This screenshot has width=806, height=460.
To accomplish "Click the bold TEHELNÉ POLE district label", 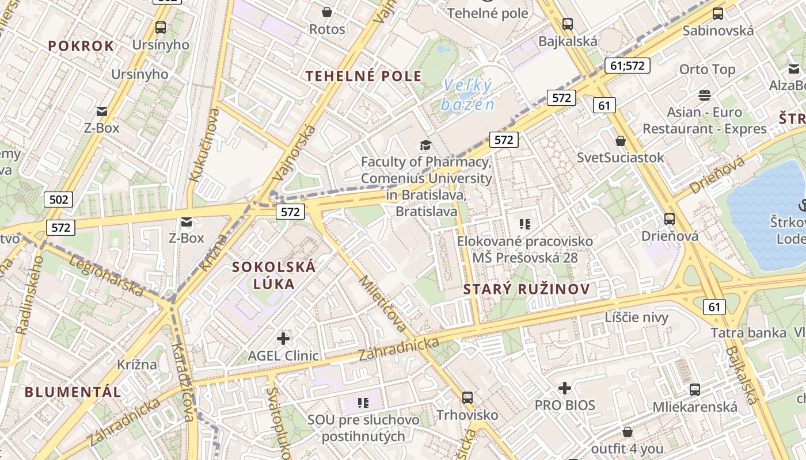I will [x=363, y=76].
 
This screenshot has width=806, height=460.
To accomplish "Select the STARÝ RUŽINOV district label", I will [x=527, y=289].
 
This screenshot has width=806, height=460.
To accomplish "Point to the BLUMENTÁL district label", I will [x=73, y=392].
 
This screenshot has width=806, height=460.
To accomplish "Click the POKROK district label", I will [x=81, y=46].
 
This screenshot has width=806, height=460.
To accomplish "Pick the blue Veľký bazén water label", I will [x=467, y=95].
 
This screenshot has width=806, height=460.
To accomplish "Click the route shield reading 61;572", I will [x=627, y=66].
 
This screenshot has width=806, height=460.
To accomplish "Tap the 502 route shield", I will [x=59, y=200].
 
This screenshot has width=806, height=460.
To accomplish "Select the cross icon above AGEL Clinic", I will [x=283, y=339].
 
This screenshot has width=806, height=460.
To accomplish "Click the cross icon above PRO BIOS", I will [x=565, y=388].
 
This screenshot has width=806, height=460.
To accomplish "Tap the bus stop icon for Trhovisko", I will [x=467, y=397].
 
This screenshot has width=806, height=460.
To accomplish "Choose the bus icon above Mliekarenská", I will [x=695, y=389].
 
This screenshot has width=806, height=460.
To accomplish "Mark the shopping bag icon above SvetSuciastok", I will [x=621, y=140].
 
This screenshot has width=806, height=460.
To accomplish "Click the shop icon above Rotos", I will [x=327, y=11].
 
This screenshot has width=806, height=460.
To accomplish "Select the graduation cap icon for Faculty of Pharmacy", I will [x=425, y=145].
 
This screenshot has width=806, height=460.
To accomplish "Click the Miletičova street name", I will [x=382, y=304].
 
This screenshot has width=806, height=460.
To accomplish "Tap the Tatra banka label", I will [x=748, y=333].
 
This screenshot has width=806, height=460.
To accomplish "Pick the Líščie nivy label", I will [x=636, y=317].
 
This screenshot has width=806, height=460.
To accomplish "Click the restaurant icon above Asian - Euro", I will [x=705, y=95].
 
